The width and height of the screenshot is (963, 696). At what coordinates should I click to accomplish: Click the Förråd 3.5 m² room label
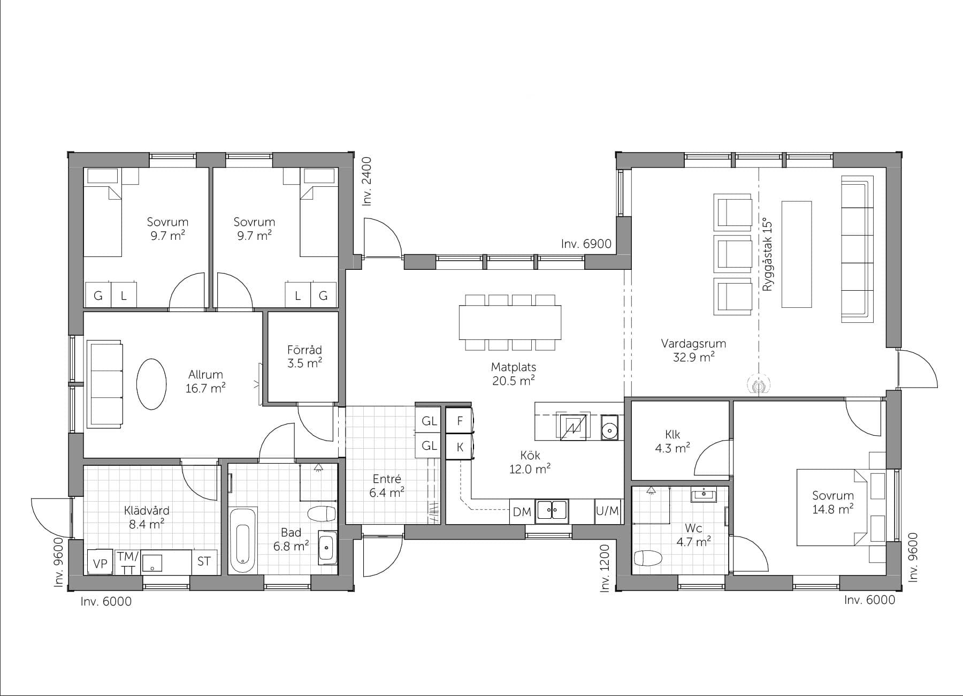304,357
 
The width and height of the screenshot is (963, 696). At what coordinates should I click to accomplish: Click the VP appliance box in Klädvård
100,563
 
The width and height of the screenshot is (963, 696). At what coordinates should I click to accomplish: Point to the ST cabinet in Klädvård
204,562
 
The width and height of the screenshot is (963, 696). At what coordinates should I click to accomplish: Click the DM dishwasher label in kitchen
522,512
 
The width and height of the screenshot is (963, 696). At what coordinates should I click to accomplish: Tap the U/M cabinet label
607,511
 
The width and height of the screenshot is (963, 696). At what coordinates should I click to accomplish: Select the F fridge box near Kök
460,421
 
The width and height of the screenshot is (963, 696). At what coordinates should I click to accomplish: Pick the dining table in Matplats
510,322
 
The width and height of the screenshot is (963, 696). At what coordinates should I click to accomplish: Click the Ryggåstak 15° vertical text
768,254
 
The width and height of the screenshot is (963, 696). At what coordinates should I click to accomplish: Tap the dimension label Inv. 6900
586,244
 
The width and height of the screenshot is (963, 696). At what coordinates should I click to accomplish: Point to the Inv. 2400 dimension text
366,181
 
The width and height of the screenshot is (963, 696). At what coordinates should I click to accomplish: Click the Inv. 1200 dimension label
605,568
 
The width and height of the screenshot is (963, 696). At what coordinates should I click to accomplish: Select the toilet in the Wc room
647,558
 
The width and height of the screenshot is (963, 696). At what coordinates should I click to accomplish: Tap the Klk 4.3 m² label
672,441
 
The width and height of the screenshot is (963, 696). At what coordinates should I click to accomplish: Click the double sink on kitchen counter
553,510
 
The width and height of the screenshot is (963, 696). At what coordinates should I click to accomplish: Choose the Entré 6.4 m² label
386,486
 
